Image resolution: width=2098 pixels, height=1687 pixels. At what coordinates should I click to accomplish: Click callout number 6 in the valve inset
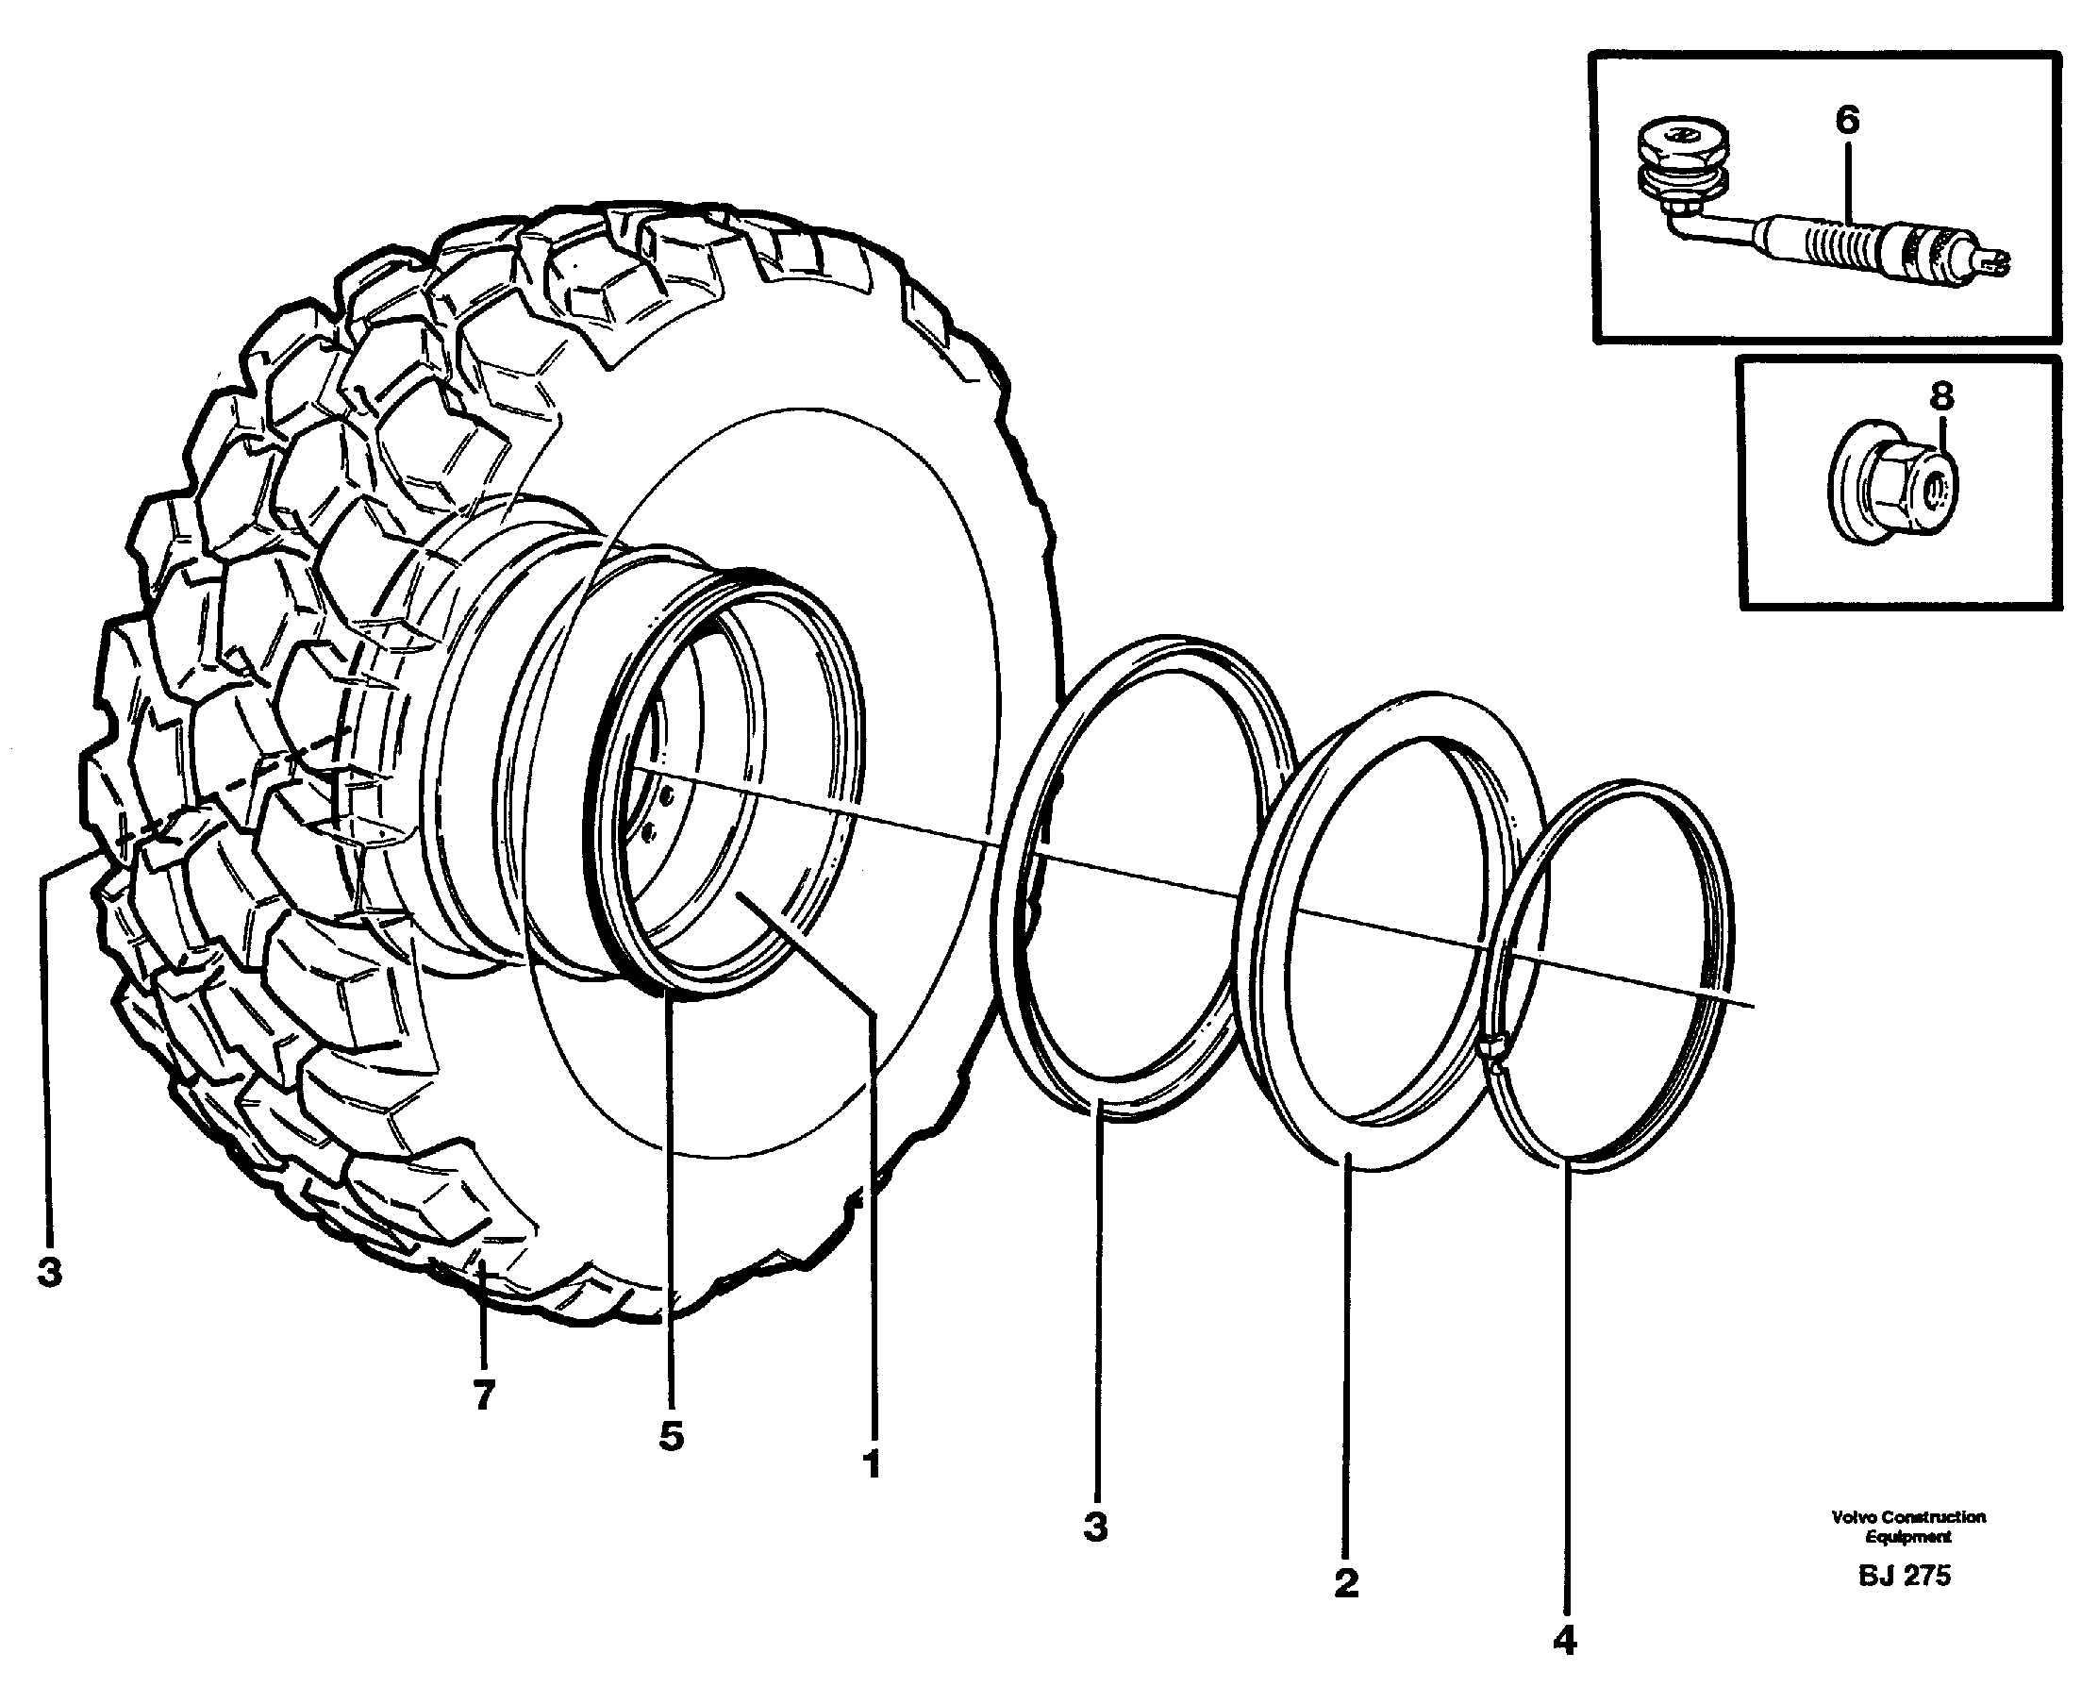click(1847, 121)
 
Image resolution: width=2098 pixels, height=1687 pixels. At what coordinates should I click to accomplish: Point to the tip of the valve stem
click(1998, 259)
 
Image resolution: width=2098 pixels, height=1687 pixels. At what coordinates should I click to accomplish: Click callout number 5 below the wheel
click(671, 1436)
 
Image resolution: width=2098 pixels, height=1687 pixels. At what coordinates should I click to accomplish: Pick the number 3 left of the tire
click(50, 1271)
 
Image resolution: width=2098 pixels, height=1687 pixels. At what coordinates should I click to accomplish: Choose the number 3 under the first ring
click(1096, 1527)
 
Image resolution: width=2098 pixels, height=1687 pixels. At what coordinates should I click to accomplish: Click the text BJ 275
click(1905, 1576)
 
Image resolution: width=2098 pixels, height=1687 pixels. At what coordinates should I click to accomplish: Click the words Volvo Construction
click(1908, 1517)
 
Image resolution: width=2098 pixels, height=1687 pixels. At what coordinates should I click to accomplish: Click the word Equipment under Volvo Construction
click(1907, 1538)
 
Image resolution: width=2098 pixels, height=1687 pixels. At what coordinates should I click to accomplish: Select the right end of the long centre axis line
click(1752, 1006)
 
